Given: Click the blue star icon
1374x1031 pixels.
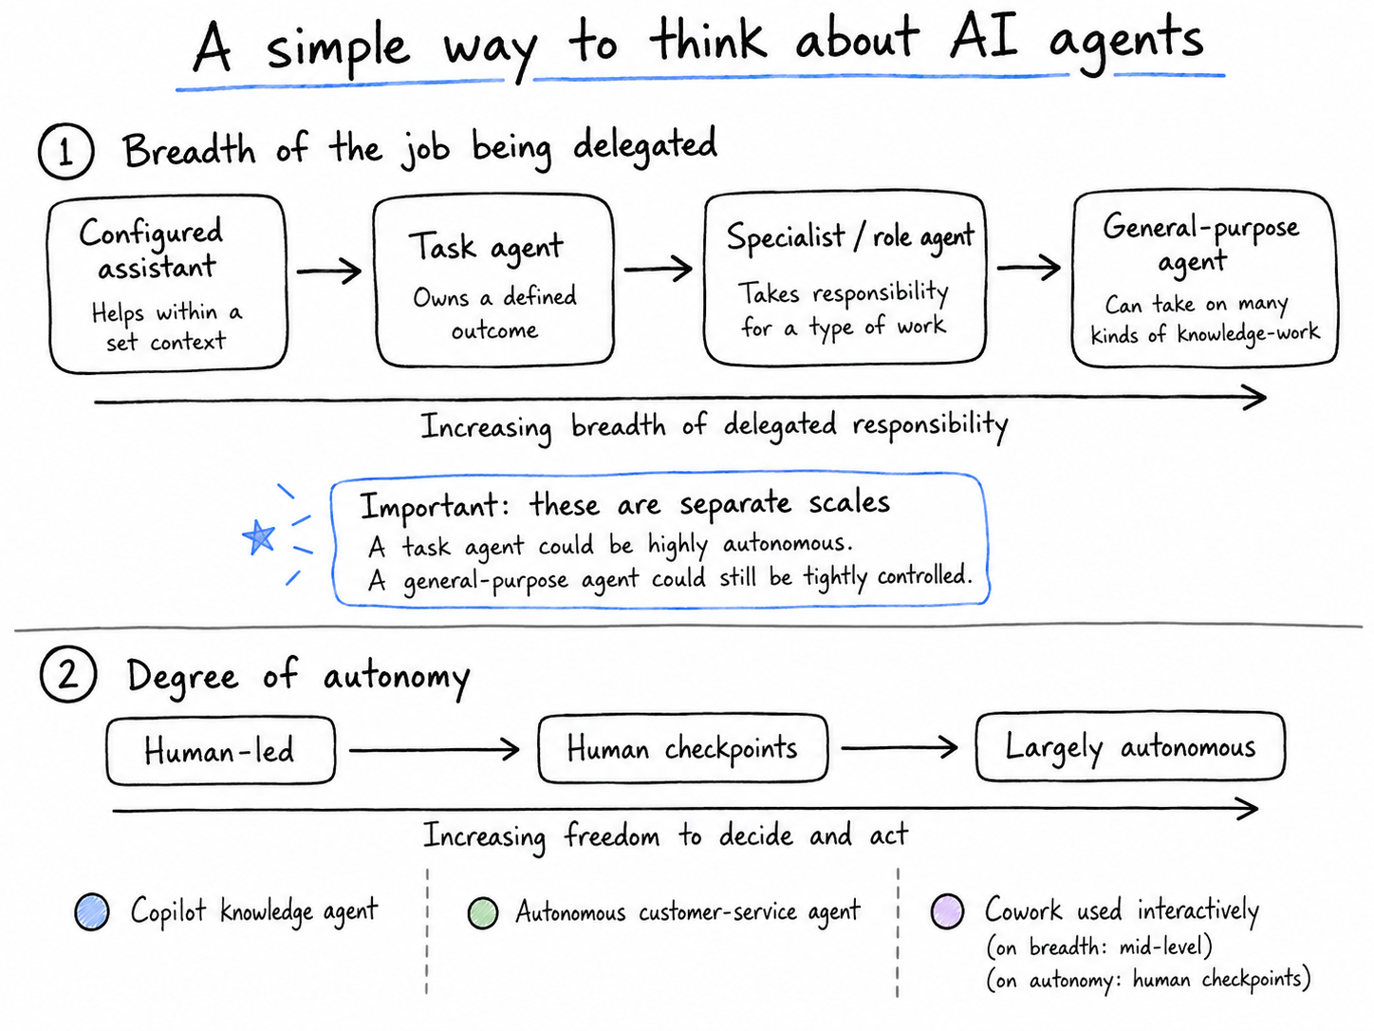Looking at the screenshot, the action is [258, 537].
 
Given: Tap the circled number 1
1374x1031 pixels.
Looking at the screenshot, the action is [65, 152].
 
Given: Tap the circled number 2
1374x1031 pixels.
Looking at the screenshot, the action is [68, 675].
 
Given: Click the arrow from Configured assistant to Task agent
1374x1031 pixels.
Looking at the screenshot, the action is [329, 272].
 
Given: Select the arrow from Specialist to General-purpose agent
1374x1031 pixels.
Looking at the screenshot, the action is [1030, 268].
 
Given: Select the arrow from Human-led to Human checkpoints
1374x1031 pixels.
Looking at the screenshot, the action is [435, 749].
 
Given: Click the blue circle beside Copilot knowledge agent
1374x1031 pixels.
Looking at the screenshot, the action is [92, 911].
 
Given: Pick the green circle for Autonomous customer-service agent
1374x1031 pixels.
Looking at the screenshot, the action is [483, 912].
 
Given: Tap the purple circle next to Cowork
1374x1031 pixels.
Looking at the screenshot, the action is [947, 910].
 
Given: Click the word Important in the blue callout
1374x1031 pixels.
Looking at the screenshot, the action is [429, 506].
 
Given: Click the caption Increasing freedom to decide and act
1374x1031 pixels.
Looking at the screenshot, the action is [665, 835].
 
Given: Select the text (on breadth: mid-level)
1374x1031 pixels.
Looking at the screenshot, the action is [1099, 946].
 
